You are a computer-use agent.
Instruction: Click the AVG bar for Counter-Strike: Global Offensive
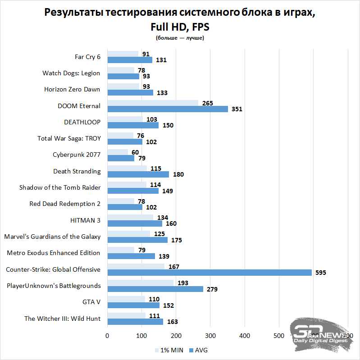[210, 272]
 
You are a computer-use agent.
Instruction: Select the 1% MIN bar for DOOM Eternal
[153, 103]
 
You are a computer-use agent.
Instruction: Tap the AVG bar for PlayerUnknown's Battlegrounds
[155, 289]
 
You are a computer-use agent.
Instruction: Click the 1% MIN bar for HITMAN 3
[130, 217]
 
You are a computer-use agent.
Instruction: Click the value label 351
[237, 109]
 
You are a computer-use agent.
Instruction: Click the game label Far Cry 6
[87, 57]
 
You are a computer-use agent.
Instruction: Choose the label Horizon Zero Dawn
[72, 89]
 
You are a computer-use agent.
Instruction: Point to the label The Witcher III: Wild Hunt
[62, 319]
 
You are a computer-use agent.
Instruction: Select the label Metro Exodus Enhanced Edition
[54, 253]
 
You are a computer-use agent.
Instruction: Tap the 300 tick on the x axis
[210, 336]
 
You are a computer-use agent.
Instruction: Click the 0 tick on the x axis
[107, 336]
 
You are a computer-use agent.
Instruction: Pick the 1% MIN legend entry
[169, 350]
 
